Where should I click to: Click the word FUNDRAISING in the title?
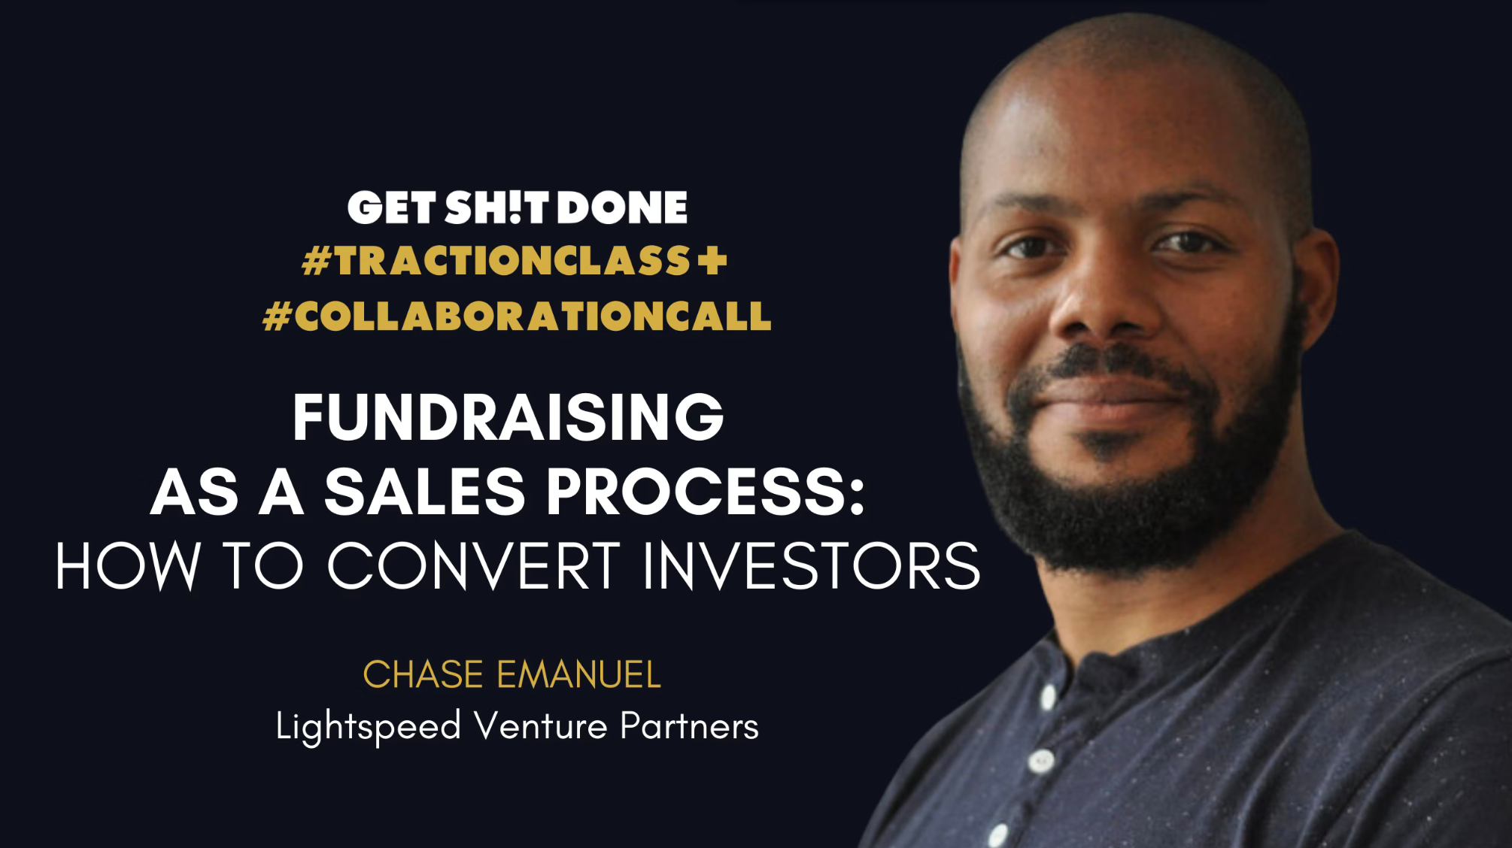point(509,417)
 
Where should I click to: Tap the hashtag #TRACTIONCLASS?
point(496,261)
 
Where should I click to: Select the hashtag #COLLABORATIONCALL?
point(518,316)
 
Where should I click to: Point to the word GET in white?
point(392,207)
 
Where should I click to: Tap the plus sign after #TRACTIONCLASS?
point(712,261)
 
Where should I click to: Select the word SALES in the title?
point(425,492)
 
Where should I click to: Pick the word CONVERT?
point(474,566)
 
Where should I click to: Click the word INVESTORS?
point(812,566)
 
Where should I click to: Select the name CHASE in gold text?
point(424,674)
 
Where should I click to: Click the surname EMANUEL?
point(579,674)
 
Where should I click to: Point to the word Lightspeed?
point(369,727)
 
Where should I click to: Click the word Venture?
point(541,726)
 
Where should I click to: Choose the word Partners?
point(690,726)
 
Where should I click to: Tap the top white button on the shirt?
point(1048,696)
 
